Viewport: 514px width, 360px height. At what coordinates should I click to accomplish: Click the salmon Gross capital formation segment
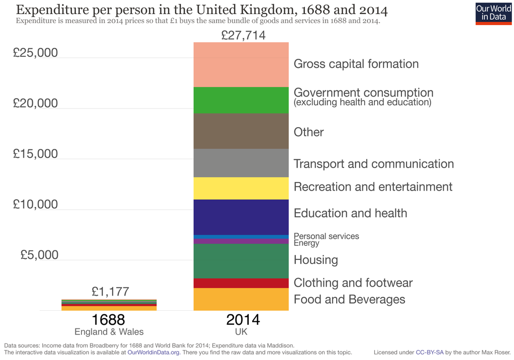point(241,65)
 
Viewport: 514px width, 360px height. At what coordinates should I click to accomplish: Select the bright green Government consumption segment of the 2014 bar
point(241,100)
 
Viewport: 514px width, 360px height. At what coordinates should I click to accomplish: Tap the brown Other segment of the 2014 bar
point(241,131)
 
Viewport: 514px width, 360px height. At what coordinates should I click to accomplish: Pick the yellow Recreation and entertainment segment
point(241,188)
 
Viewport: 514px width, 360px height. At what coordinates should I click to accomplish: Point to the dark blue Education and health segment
point(241,217)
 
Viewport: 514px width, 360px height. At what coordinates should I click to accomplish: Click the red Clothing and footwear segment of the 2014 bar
point(241,283)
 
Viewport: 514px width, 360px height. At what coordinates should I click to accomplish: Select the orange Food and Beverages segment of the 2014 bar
point(241,299)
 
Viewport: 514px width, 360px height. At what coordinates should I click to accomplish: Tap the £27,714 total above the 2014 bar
point(243,35)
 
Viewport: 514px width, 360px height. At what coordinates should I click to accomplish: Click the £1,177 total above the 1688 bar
point(110,292)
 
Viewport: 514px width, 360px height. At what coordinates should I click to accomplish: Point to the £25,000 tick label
point(35,53)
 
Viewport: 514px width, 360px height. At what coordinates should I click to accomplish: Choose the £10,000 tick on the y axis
point(35,205)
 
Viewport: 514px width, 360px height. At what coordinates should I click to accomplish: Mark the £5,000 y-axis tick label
point(39,255)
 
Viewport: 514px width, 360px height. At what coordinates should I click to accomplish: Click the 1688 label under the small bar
point(109,320)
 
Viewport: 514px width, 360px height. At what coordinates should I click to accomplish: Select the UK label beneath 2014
point(241,332)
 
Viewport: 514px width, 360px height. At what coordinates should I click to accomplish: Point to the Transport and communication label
point(373,164)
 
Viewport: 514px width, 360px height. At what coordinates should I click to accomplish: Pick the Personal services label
point(326,236)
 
